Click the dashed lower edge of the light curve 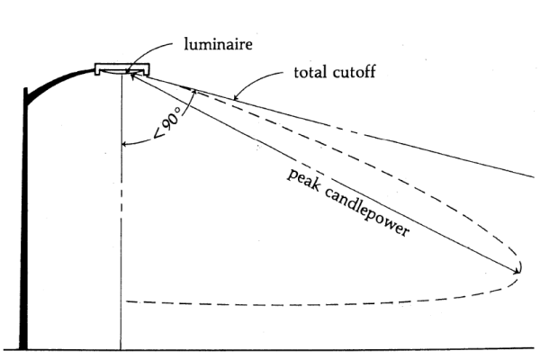coord(270,300)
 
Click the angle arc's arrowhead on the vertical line coord(123,143)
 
